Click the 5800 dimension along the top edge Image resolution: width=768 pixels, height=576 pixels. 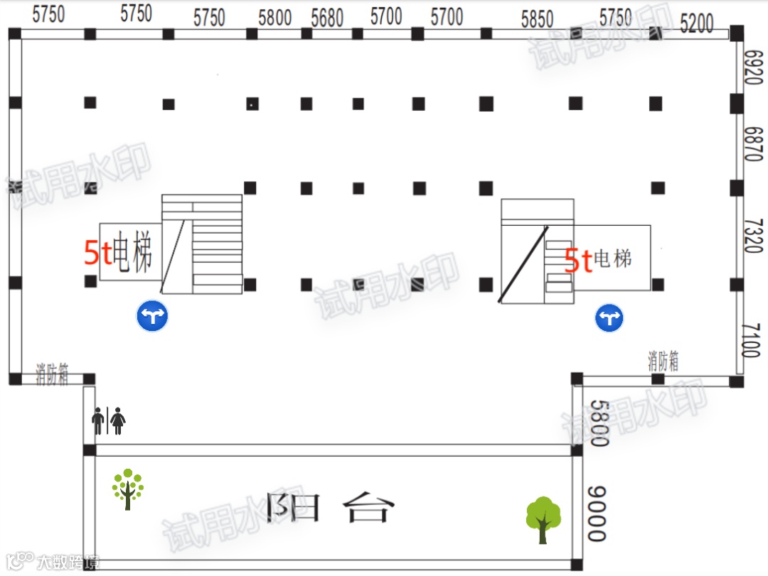(x=275, y=18)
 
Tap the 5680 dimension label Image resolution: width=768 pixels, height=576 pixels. (x=327, y=18)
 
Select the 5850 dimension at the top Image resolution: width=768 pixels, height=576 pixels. (x=537, y=19)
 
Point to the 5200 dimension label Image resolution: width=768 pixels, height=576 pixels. (x=696, y=24)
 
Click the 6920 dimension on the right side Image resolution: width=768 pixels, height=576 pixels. (x=752, y=66)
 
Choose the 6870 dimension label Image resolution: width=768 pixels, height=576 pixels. (x=752, y=143)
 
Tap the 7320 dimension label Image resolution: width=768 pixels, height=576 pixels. (x=752, y=235)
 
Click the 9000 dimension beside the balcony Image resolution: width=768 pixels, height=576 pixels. (x=597, y=513)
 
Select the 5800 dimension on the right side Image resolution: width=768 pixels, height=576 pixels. (x=599, y=423)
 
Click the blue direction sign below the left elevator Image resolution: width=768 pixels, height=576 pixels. (x=152, y=316)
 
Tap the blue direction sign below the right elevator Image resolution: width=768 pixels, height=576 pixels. (x=609, y=317)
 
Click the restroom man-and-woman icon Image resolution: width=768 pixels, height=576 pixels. (x=109, y=420)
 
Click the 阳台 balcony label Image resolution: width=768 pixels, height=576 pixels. (x=329, y=507)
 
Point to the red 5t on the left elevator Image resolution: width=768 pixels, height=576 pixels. (x=97, y=253)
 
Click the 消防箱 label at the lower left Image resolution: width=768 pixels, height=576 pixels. (x=53, y=374)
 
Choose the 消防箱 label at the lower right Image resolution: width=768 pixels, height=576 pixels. (x=663, y=361)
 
